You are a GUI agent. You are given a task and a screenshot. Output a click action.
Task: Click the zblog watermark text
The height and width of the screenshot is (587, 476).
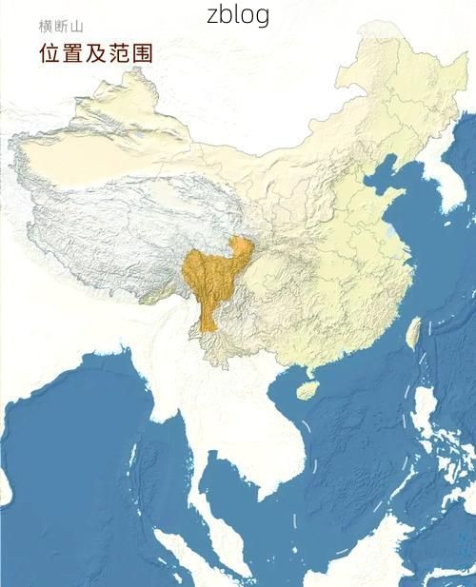pyautogui.click(x=238, y=15)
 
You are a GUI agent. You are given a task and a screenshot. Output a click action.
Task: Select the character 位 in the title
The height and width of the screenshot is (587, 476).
pyautogui.click(x=50, y=52)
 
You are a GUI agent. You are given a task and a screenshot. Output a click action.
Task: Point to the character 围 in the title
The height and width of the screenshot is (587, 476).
pyautogui.click(x=142, y=52)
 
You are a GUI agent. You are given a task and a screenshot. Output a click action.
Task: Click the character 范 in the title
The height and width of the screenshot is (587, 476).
pyautogui.click(x=119, y=52)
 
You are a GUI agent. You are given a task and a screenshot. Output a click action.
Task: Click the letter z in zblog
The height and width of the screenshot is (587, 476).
pyautogui.click(x=212, y=16)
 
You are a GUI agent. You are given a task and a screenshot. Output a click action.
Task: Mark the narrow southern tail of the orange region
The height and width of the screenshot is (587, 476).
pyautogui.click(x=209, y=320)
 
